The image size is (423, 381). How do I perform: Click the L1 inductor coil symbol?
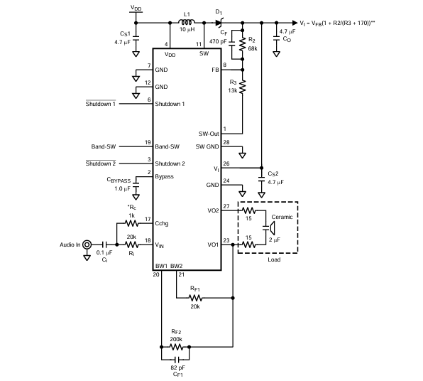point(187,22)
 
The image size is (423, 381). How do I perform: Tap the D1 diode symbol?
point(219,23)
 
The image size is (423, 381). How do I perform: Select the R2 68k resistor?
point(243,44)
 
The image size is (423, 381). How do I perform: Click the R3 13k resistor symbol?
point(243,87)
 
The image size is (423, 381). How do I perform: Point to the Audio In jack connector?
point(87,245)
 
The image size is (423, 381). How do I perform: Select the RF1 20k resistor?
point(196,298)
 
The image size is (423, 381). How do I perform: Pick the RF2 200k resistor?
point(176,347)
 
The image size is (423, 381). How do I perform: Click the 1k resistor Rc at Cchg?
point(131,223)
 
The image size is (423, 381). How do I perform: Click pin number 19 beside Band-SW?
point(148,142)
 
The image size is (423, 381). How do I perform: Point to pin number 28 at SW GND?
point(226,142)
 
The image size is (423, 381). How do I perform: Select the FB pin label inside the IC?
point(215,70)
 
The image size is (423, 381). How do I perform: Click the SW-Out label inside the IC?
point(209,134)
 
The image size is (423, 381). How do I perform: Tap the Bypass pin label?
point(164,176)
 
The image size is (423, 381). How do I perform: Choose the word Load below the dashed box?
point(274,259)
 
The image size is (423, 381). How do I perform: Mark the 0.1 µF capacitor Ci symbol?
point(104,245)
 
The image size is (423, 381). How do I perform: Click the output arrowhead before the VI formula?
point(295,23)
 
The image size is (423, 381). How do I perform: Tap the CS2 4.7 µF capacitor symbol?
point(261,179)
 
